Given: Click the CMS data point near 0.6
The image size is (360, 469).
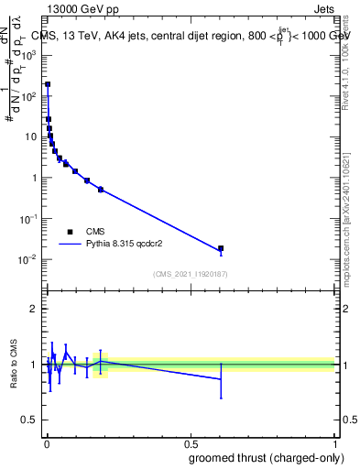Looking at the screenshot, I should point(221,248).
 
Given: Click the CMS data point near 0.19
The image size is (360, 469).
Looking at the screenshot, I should point(101,190).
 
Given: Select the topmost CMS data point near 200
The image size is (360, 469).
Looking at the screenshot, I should point(48,84).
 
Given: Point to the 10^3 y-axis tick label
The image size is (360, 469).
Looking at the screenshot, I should point(28,55).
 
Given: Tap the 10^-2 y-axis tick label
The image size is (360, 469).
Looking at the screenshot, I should point(27,259).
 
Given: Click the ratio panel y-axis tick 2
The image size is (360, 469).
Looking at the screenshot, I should point(34,309).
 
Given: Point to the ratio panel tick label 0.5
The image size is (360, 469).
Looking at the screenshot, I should point(29,420).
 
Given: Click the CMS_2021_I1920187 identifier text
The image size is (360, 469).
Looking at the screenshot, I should point(190,274).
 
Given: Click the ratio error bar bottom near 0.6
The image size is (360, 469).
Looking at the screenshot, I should point(221,398).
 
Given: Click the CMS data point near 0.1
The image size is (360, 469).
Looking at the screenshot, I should point(75,171).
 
